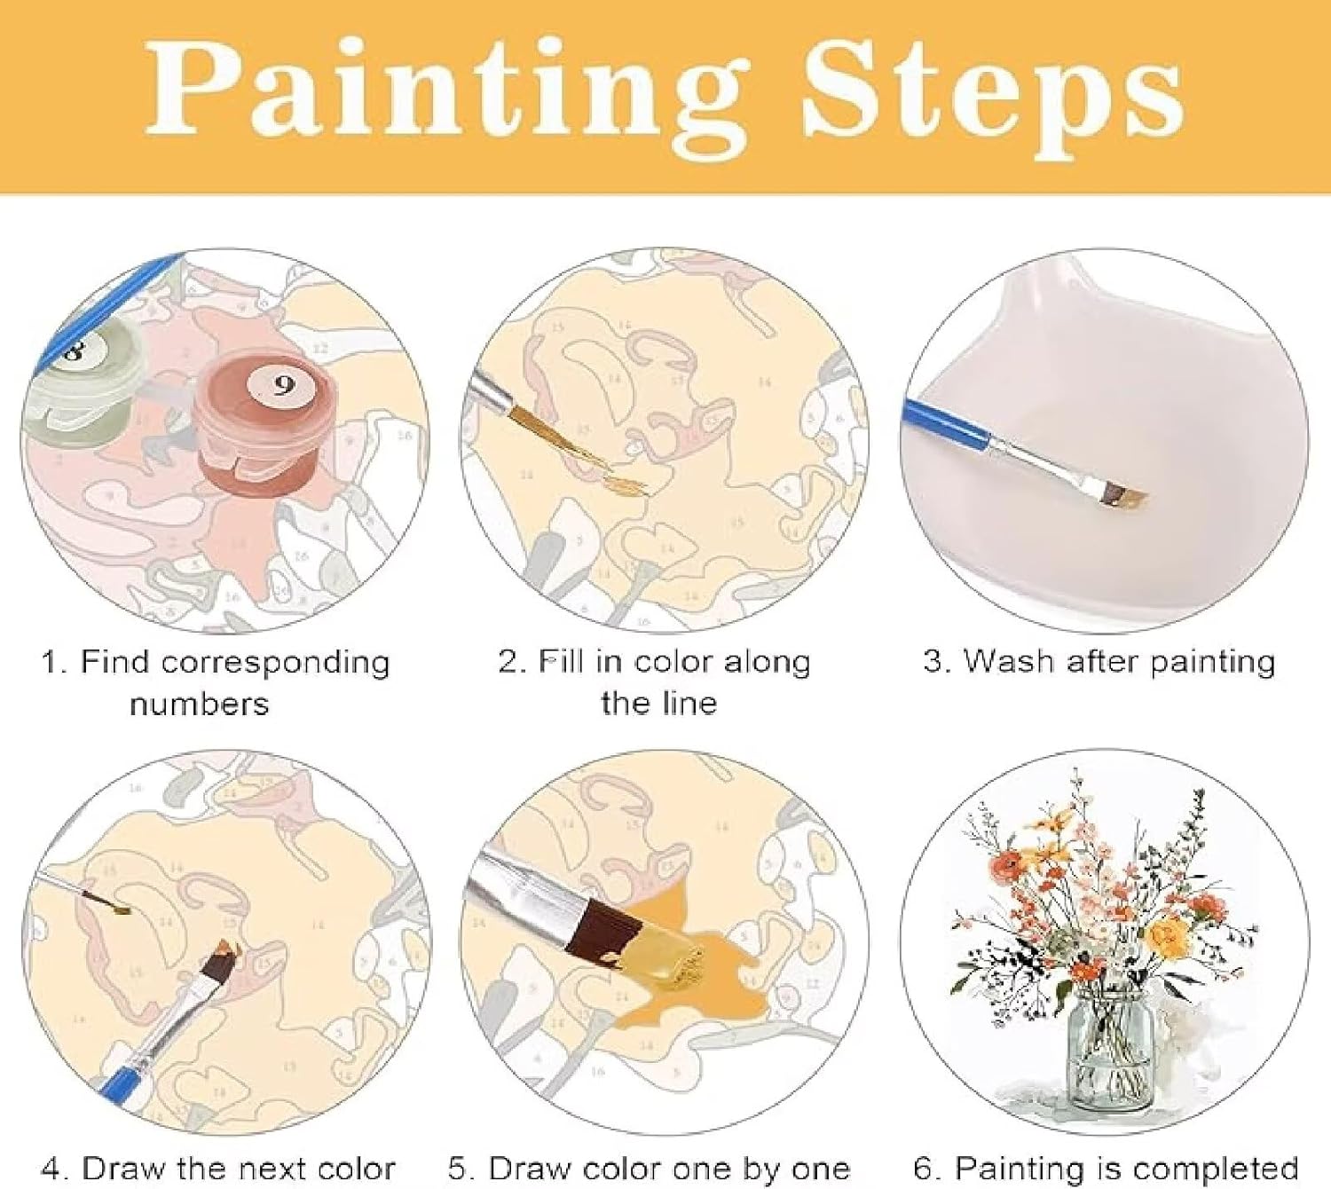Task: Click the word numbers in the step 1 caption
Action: (x=200, y=705)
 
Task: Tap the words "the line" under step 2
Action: (x=659, y=703)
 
